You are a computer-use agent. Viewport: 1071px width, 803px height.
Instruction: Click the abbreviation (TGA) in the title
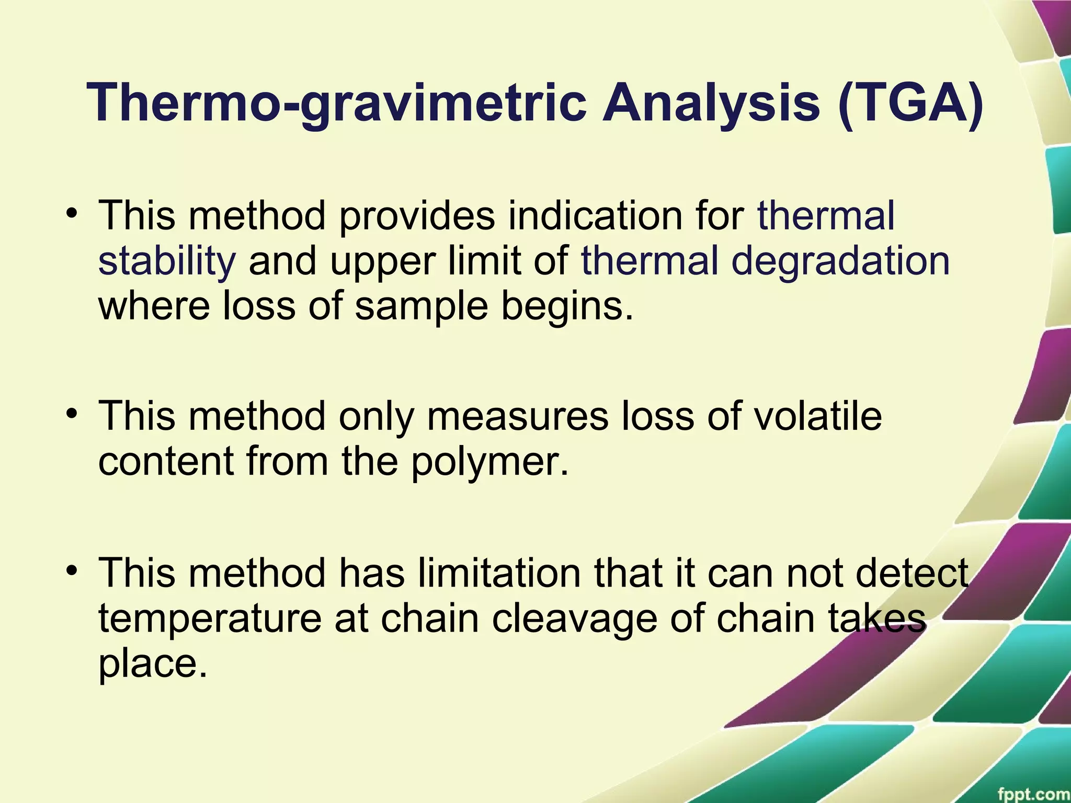(910, 103)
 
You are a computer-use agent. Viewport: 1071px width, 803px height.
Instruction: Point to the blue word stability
(167, 261)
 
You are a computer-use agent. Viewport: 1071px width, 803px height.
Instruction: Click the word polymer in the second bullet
(489, 462)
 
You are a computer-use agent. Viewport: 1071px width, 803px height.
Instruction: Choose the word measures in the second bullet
(518, 416)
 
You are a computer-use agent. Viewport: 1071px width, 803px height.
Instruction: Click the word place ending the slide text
(150, 664)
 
